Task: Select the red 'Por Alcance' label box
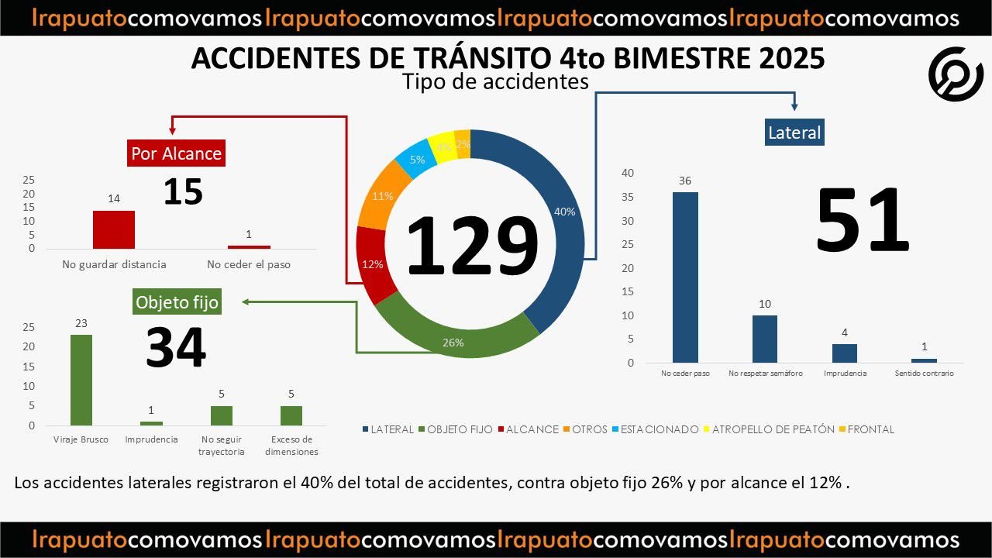click(176, 153)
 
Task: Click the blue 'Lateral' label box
click(794, 133)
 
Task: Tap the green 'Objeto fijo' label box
click(177, 301)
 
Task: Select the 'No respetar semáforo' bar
click(765, 339)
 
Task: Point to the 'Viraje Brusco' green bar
click(81, 380)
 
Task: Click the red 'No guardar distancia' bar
click(114, 229)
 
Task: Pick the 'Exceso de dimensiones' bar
click(291, 415)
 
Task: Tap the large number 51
click(862, 220)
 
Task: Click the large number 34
click(176, 348)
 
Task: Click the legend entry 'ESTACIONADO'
click(659, 429)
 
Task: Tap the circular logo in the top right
click(956, 74)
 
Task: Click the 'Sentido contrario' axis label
click(924, 374)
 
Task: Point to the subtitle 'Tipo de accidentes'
click(495, 81)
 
